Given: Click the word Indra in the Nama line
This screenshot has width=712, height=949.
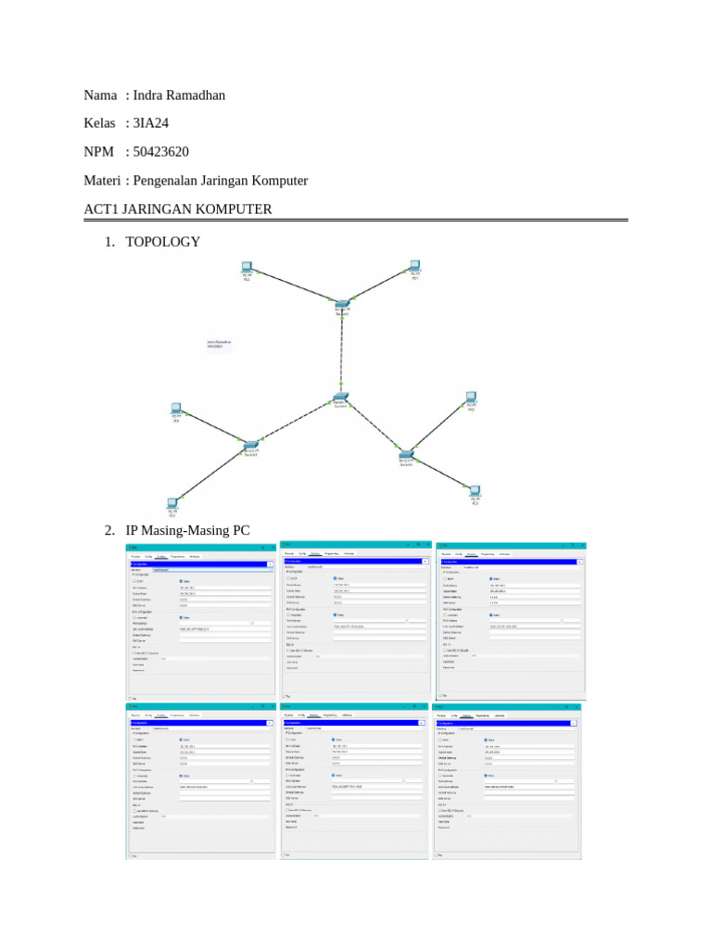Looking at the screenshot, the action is [x=148, y=95].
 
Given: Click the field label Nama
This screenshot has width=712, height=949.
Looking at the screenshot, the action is [x=100, y=95].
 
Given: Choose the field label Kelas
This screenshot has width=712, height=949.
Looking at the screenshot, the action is [x=100, y=123].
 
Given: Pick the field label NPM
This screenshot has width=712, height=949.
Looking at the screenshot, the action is [x=99, y=152].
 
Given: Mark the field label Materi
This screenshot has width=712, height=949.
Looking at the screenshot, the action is [x=102, y=181].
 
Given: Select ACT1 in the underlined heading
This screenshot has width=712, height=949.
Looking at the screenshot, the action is [x=102, y=209].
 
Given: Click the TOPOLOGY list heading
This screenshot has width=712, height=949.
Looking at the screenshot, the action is [x=162, y=242].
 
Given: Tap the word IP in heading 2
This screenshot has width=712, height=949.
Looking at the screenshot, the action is [x=132, y=531].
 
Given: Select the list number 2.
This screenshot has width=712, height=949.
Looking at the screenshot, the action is [x=109, y=531].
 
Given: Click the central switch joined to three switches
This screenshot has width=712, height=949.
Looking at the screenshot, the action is [x=340, y=399].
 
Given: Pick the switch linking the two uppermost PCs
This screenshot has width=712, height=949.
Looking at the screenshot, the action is [x=342, y=304].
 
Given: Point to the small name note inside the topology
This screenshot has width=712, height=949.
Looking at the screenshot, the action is [x=219, y=344].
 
